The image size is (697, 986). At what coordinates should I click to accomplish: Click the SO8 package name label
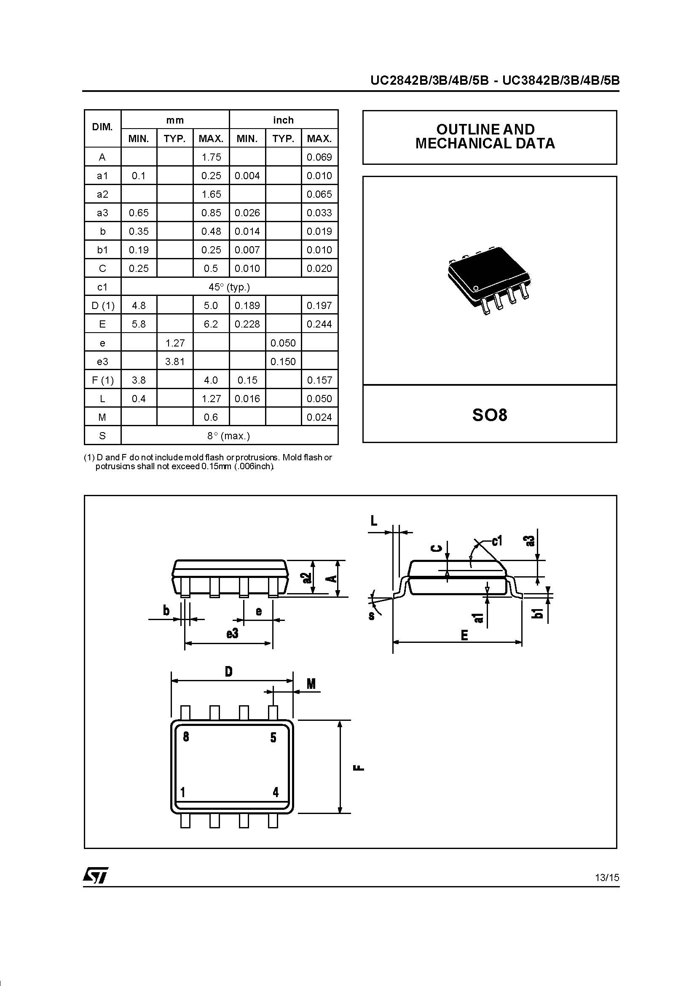click(x=489, y=415)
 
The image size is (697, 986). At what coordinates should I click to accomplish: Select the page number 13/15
click(x=607, y=877)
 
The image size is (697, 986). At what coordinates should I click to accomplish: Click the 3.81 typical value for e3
click(x=175, y=362)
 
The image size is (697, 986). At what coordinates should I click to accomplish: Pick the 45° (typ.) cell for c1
click(x=229, y=287)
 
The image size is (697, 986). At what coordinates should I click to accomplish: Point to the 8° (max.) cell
click(x=229, y=436)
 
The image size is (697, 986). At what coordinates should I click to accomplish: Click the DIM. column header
click(x=102, y=127)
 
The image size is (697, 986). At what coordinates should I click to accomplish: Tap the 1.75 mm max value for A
click(x=211, y=157)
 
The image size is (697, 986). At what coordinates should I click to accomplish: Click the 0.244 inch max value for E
click(x=319, y=324)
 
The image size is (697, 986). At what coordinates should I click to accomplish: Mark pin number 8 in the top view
click(x=186, y=736)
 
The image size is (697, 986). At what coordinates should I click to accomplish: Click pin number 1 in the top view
click(x=183, y=792)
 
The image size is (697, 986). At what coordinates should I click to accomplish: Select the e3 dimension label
click(x=232, y=634)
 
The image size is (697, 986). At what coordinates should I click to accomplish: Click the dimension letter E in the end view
click(x=464, y=635)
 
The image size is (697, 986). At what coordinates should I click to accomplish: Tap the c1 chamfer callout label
click(x=496, y=541)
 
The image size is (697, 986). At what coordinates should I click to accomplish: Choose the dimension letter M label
click(x=311, y=684)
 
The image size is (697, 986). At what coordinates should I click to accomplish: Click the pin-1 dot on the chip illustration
click(x=475, y=287)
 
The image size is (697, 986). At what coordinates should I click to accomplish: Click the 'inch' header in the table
click(x=283, y=120)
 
